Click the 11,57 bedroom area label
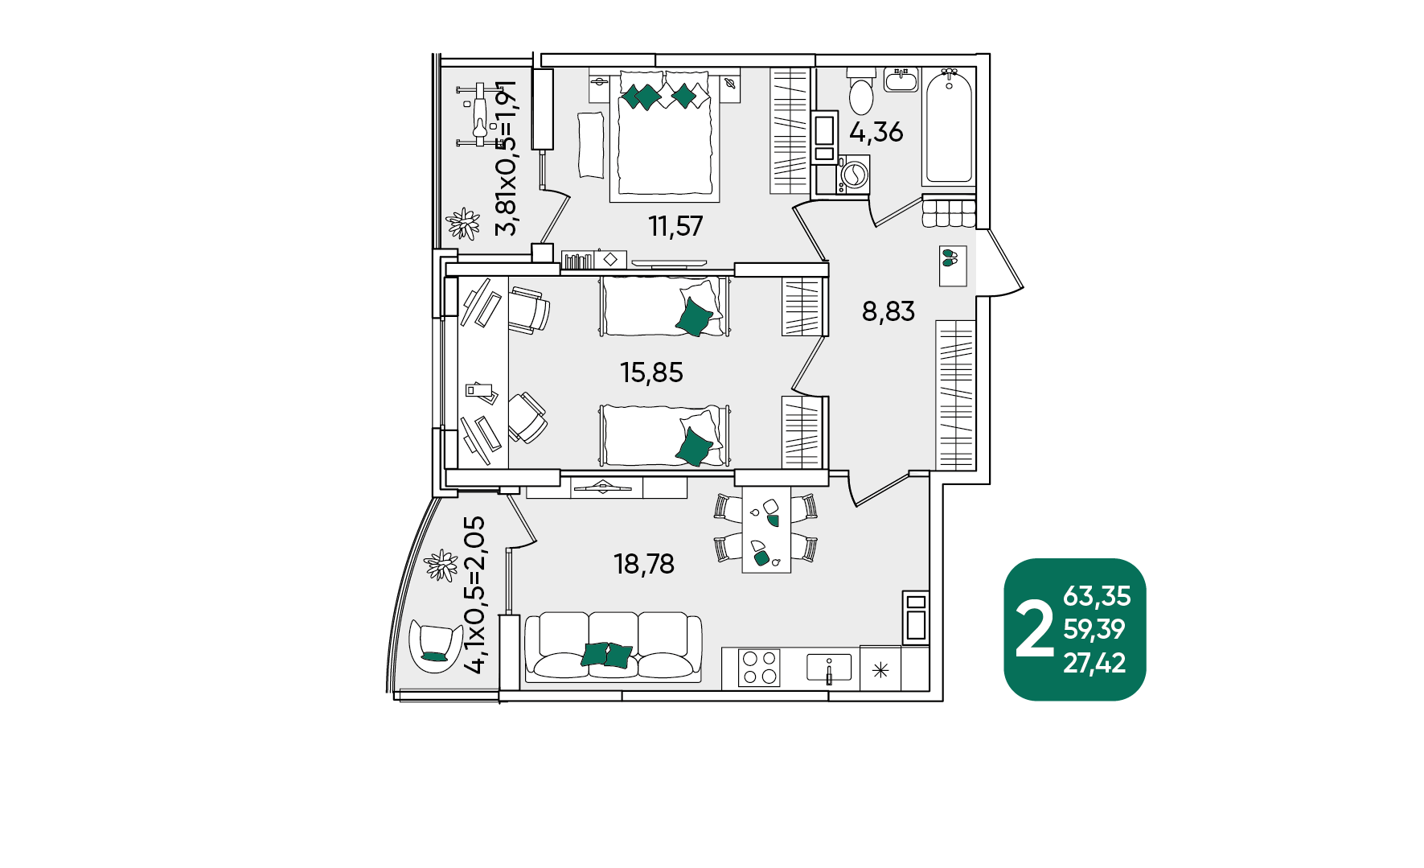tap(675, 226)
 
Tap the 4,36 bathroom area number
tap(876, 131)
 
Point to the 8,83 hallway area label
tap(888, 311)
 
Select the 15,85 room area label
tap(651, 372)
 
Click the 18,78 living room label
tap(644, 564)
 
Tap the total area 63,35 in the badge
tap(1097, 596)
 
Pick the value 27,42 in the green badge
tap(1094, 663)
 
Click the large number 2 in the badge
tap(1034, 630)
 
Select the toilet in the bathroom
tap(860, 91)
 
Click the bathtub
tap(949, 126)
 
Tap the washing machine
tap(852, 175)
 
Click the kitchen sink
tap(829, 668)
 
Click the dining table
tap(765, 529)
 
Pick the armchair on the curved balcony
tap(435, 645)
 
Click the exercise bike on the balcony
tap(479, 114)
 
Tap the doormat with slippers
tap(953, 266)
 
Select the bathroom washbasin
tap(901, 79)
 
